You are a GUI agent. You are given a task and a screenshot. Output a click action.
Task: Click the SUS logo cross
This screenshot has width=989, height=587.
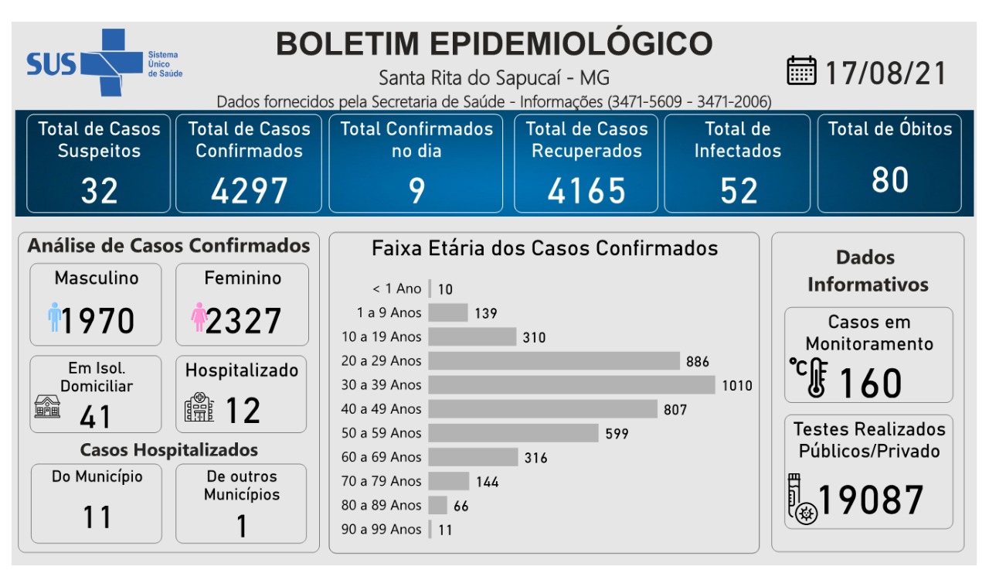[x=102, y=62]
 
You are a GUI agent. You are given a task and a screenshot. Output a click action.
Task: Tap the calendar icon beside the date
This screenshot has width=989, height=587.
[x=801, y=70]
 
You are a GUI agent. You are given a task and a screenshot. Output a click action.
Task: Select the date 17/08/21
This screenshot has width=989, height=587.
[x=885, y=73]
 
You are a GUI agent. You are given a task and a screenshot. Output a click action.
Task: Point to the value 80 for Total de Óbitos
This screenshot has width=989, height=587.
[x=889, y=179]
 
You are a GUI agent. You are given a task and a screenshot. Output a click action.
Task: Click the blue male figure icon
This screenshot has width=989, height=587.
[x=54, y=317]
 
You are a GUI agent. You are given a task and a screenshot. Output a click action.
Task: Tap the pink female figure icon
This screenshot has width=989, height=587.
[x=199, y=317]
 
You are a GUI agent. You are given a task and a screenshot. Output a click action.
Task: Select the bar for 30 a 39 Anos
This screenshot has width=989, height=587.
[x=572, y=384]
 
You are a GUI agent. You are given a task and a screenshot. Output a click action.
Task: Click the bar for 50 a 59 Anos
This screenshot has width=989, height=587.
[x=513, y=433]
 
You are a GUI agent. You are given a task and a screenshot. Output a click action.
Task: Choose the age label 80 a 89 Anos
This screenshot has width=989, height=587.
[x=382, y=505]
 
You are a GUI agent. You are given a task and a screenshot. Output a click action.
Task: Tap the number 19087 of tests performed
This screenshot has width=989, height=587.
[x=871, y=500]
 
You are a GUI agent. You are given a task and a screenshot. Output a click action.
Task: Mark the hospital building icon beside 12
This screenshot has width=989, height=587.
[x=199, y=407]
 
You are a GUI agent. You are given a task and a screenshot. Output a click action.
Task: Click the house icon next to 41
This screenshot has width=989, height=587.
[x=47, y=405]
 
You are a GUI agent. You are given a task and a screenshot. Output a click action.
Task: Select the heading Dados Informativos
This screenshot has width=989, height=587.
[x=867, y=271]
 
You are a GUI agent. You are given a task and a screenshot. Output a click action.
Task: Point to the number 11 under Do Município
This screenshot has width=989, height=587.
[x=97, y=517]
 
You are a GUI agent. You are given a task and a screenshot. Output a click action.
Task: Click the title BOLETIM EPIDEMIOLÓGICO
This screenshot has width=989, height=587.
[x=494, y=44]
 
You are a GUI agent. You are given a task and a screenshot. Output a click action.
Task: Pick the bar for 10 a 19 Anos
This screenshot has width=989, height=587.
[x=472, y=336]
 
